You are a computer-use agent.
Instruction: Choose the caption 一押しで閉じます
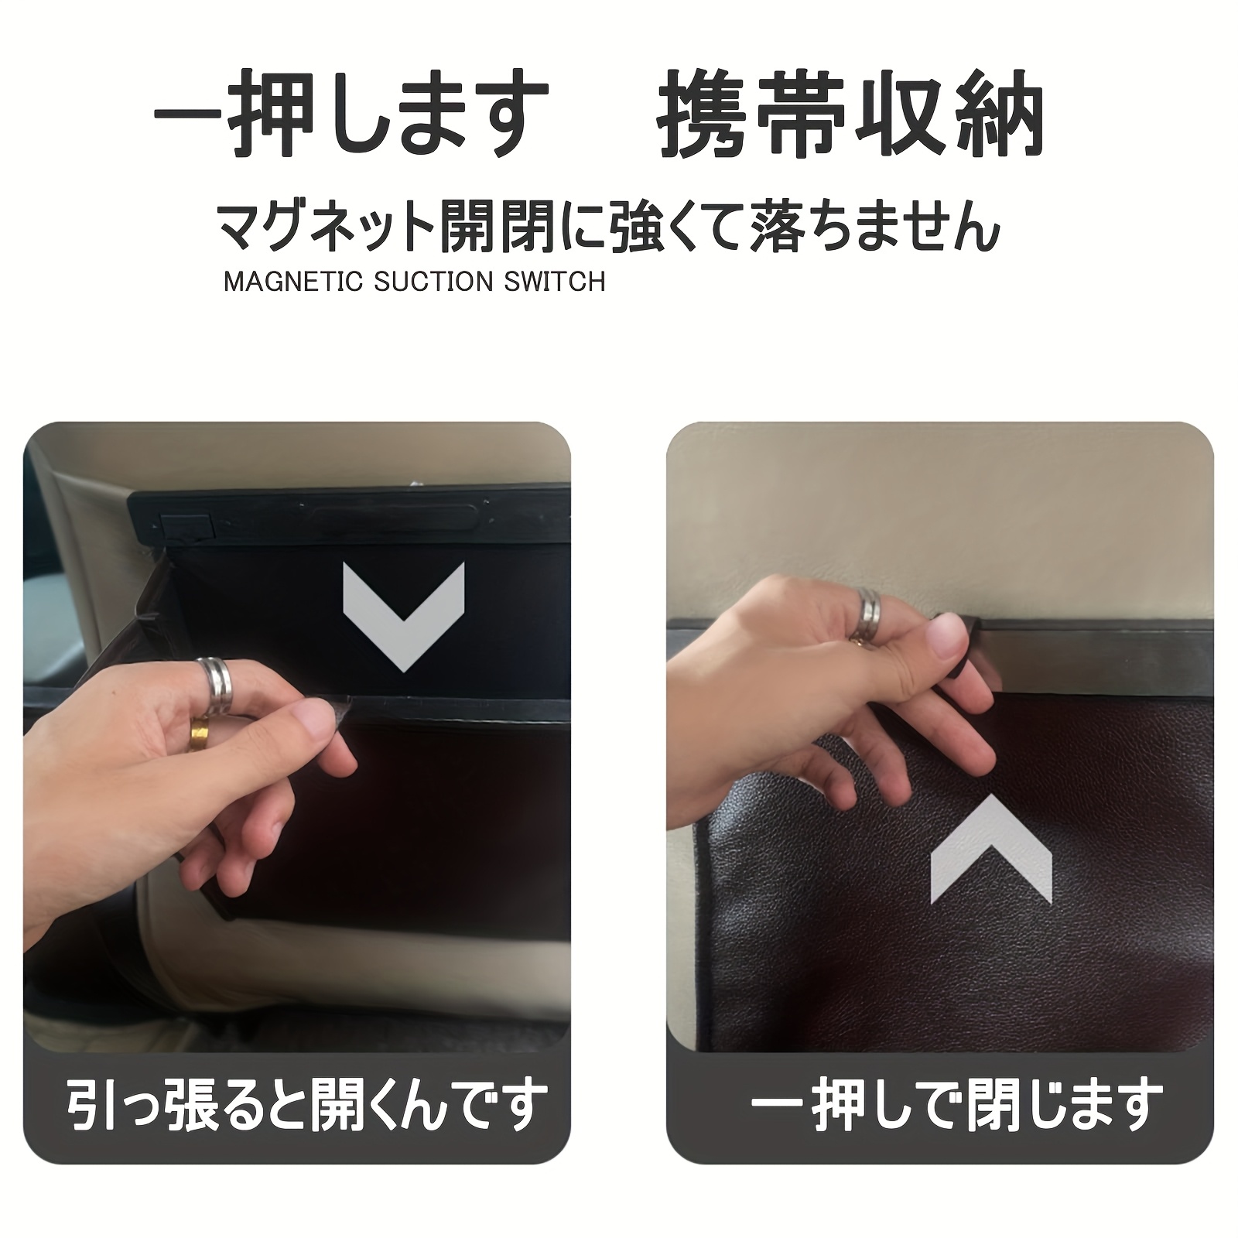pyautogui.click(x=957, y=1105)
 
